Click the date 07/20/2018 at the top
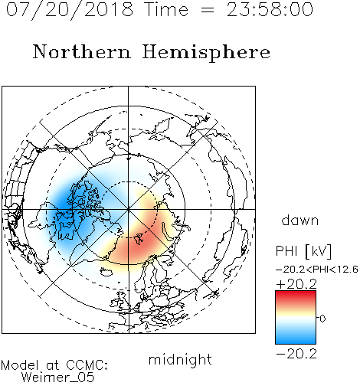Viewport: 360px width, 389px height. [x=70, y=10]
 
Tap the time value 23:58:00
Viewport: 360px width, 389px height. [x=270, y=9]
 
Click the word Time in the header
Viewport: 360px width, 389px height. [x=166, y=9]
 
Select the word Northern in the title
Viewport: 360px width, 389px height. [x=82, y=51]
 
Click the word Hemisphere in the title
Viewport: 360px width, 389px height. [x=206, y=52]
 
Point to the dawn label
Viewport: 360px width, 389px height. [x=300, y=220]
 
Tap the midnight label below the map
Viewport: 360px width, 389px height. [x=180, y=359]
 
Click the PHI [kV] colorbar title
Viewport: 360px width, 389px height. [x=303, y=251]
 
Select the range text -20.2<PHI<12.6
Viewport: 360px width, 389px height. [x=317, y=270]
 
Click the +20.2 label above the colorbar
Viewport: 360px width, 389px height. [x=296, y=284]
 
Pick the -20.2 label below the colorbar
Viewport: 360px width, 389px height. [x=296, y=354]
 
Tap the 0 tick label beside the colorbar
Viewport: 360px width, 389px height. [x=322, y=319]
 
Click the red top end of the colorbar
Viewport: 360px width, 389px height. [x=296, y=293]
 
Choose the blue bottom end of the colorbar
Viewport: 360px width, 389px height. [x=296, y=342]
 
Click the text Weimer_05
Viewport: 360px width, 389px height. [x=58, y=378]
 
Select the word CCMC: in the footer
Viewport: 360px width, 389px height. [x=87, y=365]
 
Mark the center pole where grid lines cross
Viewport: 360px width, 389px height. [x=129, y=209]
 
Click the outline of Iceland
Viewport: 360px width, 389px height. [x=106, y=271]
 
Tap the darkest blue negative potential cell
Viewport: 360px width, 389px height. [x=64, y=201]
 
